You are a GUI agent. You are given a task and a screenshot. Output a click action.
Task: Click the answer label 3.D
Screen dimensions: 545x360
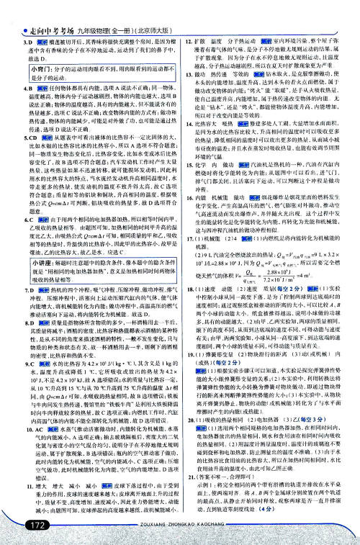click(x=19, y=23)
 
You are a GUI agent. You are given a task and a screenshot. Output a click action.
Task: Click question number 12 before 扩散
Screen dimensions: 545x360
click(x=188, y=22)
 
